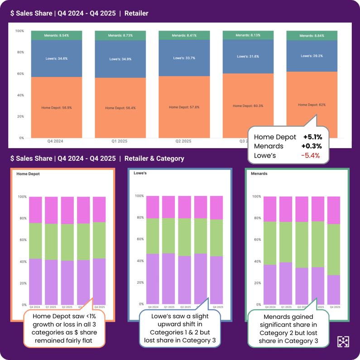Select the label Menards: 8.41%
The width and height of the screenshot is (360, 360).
point(184,34)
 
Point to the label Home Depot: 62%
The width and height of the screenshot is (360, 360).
point(312,105)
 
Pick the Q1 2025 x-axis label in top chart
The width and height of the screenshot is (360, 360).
point(120,141)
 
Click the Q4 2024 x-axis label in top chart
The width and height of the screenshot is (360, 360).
point(55,141)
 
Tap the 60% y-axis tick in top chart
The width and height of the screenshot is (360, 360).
point(19,74)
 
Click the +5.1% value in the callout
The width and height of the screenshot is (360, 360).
point(312,137)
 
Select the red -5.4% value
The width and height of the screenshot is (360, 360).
point(311,155)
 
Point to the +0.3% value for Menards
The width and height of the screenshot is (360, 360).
point(312,146)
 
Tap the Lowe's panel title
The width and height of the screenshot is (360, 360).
point(141,173)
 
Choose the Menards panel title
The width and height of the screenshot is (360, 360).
point(259,173)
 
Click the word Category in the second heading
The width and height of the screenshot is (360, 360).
point(168,158)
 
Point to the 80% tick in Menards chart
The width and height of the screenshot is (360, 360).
point(257,218)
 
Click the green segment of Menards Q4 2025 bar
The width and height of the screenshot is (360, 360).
point(333,249)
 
